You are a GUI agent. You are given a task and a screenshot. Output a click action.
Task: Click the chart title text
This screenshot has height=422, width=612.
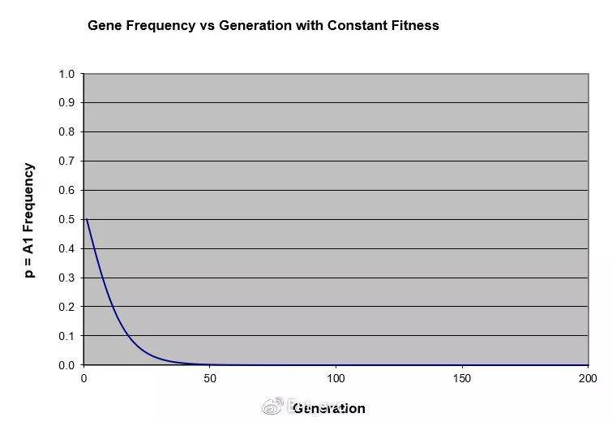pyautogui.click(x=263, y=25)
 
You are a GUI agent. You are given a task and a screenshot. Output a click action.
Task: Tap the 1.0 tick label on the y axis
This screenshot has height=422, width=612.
pyautogui.click(x=66, y=74)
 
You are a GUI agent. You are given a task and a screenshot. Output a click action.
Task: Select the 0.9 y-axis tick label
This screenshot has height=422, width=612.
pyautogui.click(x=66, y=103)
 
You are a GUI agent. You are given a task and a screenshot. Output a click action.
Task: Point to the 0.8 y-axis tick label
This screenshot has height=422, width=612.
pyautogui.click(x=66, y=132)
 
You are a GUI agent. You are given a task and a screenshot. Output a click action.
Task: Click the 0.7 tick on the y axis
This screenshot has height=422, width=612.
pyautogui.click(x=66, y=161)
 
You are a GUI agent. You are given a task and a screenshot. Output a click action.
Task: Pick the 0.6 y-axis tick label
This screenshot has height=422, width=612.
pyautogui.click(x=66, y=191)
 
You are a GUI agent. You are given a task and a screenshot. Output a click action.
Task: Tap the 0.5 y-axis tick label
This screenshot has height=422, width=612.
pyautogui.click(x=66, y=220)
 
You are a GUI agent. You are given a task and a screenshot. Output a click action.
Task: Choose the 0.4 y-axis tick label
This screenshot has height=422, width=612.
pyautogui.click(x=66, y=249)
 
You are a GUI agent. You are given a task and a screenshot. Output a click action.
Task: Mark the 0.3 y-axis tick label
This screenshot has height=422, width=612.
pyautogui.click(x=66, y=278)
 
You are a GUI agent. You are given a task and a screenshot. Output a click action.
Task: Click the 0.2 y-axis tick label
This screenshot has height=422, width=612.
pyautogui.click(x=66, y=308)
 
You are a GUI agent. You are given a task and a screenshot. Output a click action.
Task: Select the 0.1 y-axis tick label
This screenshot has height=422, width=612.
pyautogui.click(x=66, y=336)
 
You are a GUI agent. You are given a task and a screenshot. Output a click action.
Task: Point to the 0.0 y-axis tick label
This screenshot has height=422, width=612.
pyautogui.click(x=66, y=365)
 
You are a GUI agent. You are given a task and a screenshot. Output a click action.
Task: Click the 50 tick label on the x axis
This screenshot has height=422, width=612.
pyautogui.click(x=210, y=379)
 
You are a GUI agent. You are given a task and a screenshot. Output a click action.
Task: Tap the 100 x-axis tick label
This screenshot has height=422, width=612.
pyautogui.click(x=336, y=379)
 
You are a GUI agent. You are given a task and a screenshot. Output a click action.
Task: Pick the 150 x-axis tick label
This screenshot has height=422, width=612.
pyautogui.click(x=462, y=379)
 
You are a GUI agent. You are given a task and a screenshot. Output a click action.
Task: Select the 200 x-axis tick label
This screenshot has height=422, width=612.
pyautogui.click(x=588, y=379)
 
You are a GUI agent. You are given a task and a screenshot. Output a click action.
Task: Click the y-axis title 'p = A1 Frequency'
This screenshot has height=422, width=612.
pyautogui.click(x=29, y=220)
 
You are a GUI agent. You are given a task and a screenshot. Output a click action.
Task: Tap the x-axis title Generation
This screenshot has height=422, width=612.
pyautogui.click(x=329, y=408)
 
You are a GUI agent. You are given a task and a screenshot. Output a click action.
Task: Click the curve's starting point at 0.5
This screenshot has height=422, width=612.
pyautogui.click(x=87, y=220)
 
